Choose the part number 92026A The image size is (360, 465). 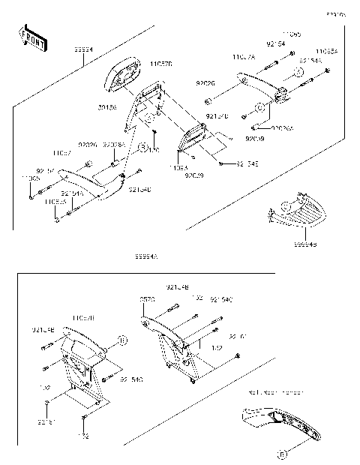point(283,128)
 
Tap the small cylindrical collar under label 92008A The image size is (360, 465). point(115,162)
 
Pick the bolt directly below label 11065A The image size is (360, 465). point(328,72)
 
